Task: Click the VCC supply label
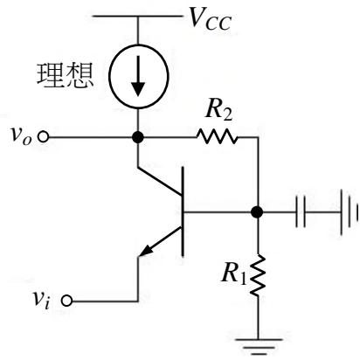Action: [x=211, y=19]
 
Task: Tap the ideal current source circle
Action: [x=109, y=77]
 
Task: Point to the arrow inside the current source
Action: [x=138, y=76]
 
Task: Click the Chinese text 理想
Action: [x=66, y=75]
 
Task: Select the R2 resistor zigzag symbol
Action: [x=217, y=136]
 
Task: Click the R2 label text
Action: [x=218, y=111]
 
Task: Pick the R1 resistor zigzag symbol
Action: [x=258, y=275]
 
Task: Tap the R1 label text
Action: [x=233, y=273]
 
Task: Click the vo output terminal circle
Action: [x=44, y=136]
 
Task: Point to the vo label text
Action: [x=20, y=136]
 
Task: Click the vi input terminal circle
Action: [x=66, y=301]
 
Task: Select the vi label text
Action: [x=42, y=299]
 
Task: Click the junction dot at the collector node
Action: [x=138, y=137]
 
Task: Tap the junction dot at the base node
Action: [x=257, y=212]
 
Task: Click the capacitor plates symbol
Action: [x=301, y=211]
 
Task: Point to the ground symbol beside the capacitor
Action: [x=349, y=212]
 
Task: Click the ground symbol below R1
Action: [x=258, y=347]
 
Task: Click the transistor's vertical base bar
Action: [x=183, y=211]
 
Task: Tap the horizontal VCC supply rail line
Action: [x=137, y=17]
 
